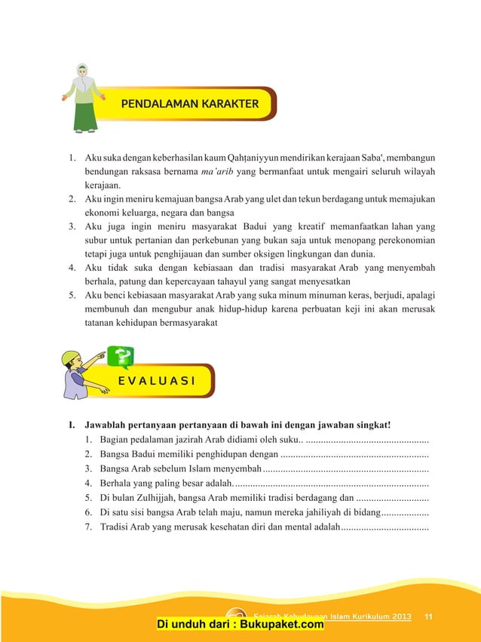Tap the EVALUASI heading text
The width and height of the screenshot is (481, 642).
pyautogui.click(x=156, y=380)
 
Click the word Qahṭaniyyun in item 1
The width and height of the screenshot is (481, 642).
pyautogui.click(x=259, y=157)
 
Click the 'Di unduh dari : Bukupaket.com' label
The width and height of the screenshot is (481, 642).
pyautogui.click(x=240, y=624)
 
